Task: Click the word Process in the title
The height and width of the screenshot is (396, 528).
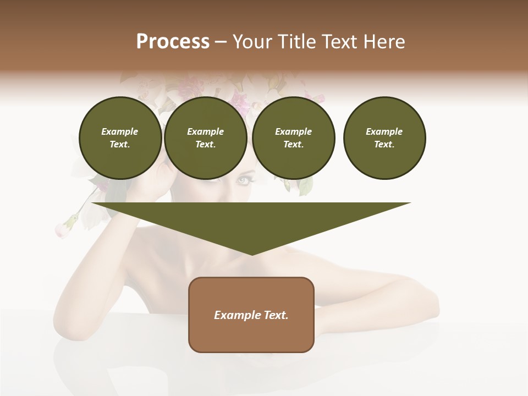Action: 173,42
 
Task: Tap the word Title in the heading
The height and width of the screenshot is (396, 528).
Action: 296,42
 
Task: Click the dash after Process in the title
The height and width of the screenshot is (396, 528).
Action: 221,42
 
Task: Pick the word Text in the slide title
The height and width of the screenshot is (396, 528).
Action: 339,42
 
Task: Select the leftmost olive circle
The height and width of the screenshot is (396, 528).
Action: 120,138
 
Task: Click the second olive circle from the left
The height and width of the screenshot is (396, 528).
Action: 206,138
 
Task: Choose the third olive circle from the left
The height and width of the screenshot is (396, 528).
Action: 294,138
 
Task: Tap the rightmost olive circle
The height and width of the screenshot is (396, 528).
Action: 384,138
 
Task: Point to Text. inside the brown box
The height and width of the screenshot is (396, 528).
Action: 276,315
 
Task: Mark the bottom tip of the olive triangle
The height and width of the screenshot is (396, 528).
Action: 252,254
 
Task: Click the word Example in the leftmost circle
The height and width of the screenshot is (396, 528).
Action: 120,131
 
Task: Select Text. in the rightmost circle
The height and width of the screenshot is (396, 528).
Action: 384,145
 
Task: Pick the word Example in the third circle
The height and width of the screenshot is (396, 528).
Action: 294,131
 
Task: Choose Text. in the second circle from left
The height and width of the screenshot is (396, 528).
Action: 206,145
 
